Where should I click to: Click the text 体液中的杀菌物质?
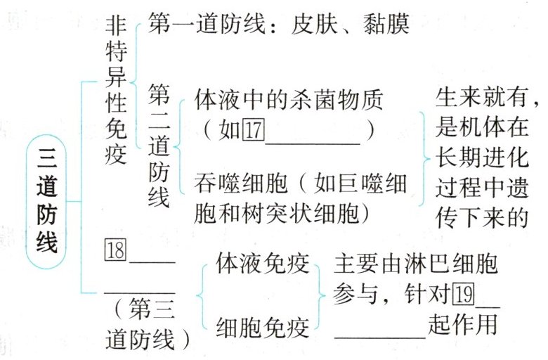[x=288, y=101]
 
